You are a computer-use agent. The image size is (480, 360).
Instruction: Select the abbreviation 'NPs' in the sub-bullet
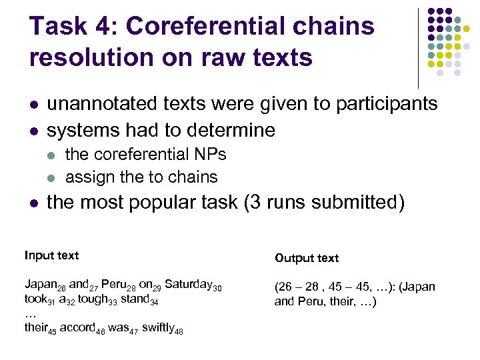(209, 155)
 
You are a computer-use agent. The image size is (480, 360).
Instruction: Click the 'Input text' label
(51, 255)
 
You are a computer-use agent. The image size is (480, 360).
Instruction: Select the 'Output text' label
(307, 258)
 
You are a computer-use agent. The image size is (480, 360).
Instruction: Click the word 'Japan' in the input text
(39, 285)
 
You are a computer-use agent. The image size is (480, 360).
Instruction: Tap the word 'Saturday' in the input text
(188, 285)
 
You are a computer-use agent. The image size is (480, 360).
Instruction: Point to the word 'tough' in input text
(90, 299)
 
